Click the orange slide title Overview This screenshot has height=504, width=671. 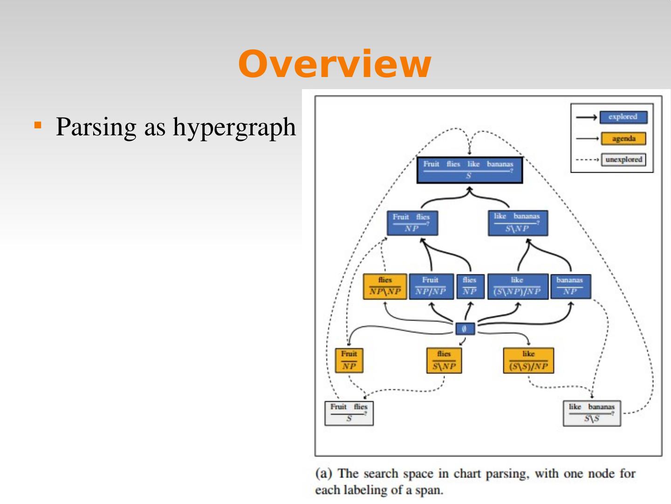click(x=335, y=64)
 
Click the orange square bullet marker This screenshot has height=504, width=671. click(x=38, y=125)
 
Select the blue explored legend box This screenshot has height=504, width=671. click(x=623, y=117)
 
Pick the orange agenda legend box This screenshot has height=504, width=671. click(x=623, y=139)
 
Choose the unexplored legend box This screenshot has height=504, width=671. click(x=623, y=160)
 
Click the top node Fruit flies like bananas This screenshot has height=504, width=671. click(x=469, y=170)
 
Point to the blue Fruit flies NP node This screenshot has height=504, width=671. click(x=412, y=223)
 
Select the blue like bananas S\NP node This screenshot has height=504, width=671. click(x=517, y=223)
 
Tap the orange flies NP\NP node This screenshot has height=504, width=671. click(x=385, y=286)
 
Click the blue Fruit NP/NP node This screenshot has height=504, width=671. click(x=431, y=286)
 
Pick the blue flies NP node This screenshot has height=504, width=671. click(x=470, y=286)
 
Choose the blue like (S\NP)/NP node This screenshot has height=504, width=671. click(x=517, y=286)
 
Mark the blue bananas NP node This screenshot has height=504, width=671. click(x=570, y=286)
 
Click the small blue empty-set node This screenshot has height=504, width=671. click(x=465, y=329)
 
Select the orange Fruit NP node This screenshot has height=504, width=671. click(x=349, y=360)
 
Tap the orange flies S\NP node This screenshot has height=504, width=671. click(x=444, y=360)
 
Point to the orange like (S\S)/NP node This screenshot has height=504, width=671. click(x=528, y=360)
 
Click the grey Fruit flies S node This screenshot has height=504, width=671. click(x=349, y=413)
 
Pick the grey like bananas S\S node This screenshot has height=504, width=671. click(x=592, y=413)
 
